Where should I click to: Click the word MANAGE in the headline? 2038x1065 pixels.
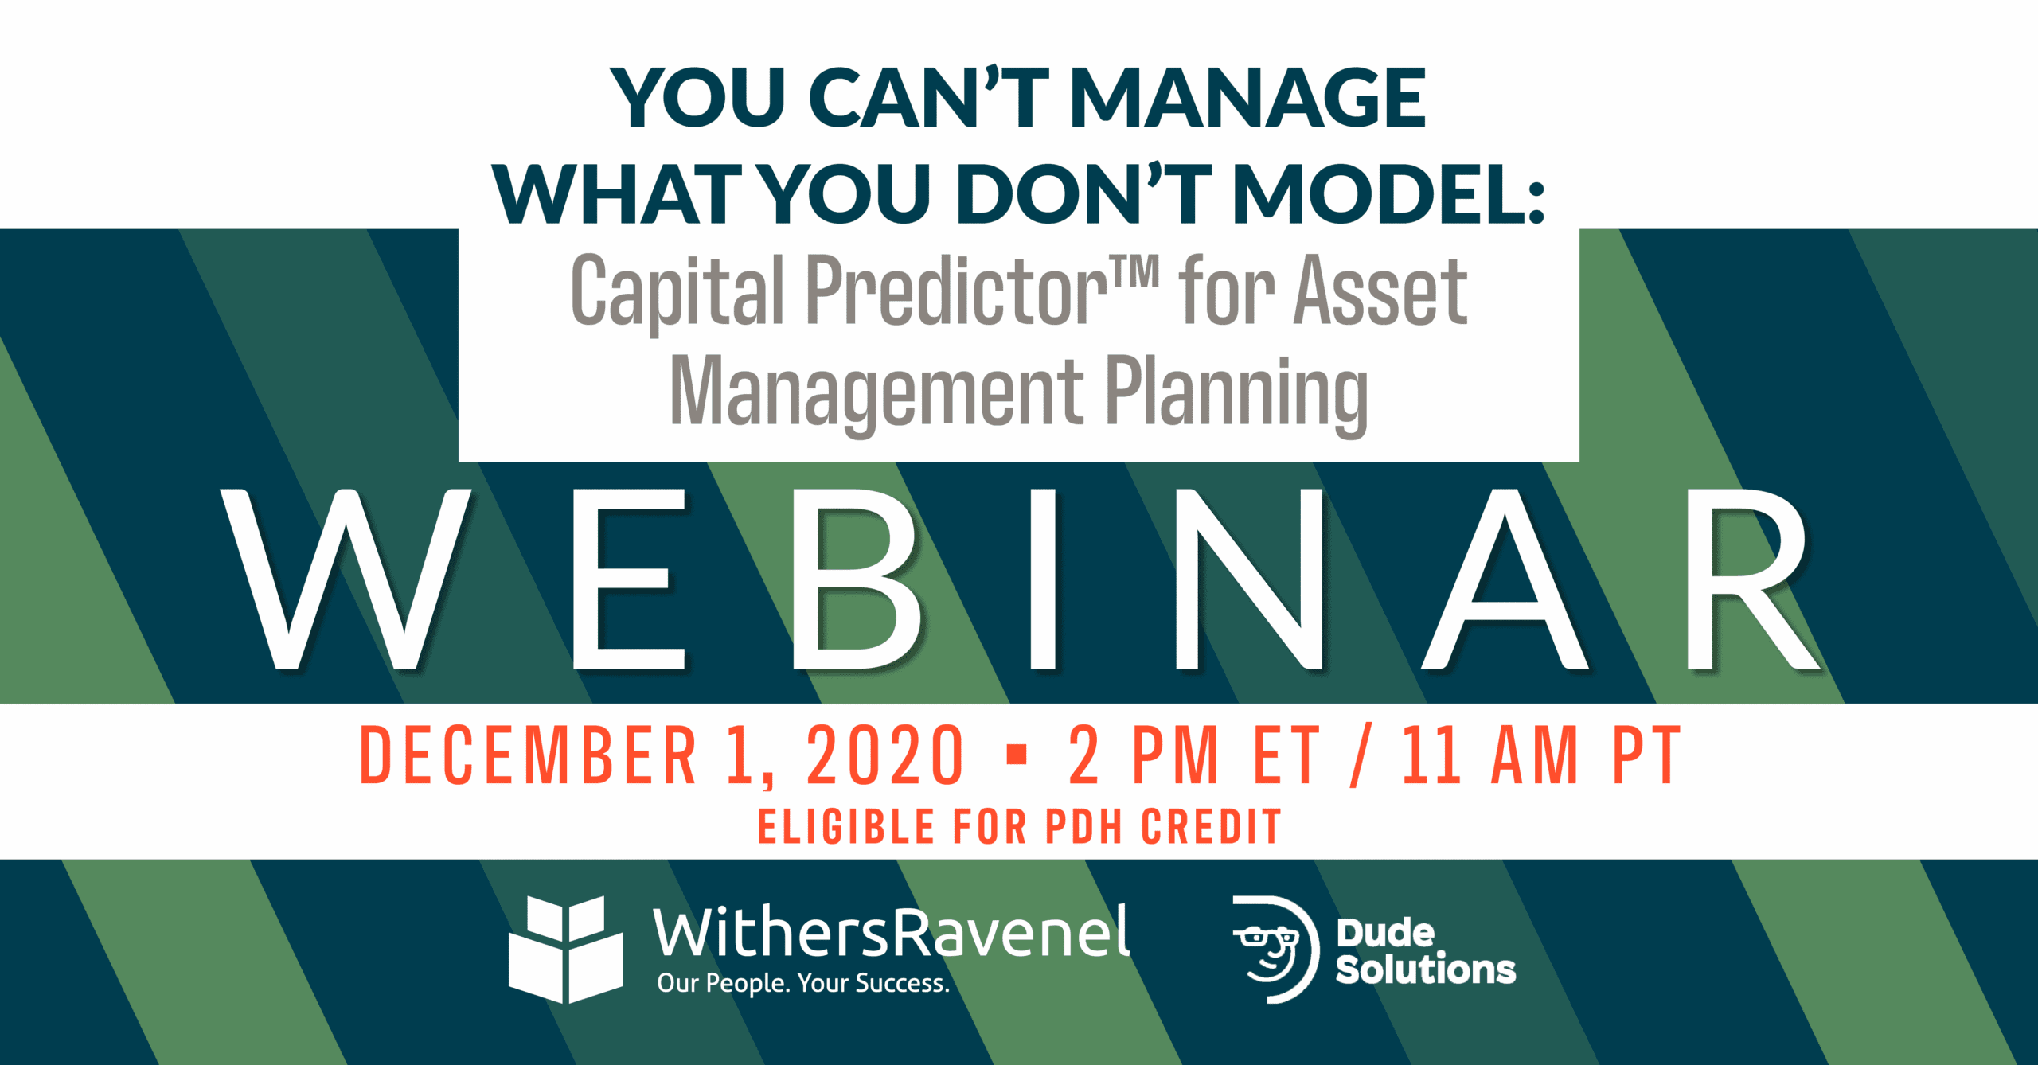pyautogui.click(x=1247, y=98)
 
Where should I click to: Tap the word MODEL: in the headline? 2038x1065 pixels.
pyautogui.click(x=1388, y=194)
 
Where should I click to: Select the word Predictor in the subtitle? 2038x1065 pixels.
pyautogui.click(x=956, y=290)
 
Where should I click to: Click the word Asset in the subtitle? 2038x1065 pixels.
pyautogui.click(x=1380, y=291)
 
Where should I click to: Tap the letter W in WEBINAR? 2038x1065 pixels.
pyautogui.click(x=346, y=579)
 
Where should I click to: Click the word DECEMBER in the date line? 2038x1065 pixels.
pyautogui.click(x=528, y=755)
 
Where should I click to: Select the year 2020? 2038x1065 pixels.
pyautogui.click(x=885, y=755)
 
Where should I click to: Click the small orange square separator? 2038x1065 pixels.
pyautogui.click(x=1017, y=754)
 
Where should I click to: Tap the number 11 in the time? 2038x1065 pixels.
pyautogui.click(x=1431, y=755)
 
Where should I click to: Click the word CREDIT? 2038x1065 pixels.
pyautogui.click(x=1211, y=826)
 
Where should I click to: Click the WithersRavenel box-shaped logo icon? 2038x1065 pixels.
pyautogui.click(x=566, y=950)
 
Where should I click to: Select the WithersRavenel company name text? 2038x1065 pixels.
pyautogui.click(x=891, y=931)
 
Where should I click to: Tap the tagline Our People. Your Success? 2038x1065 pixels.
pyautogui.click(x=803, y=983)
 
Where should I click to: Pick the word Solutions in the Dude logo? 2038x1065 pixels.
pyautogui.click(x=1426, y=969)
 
